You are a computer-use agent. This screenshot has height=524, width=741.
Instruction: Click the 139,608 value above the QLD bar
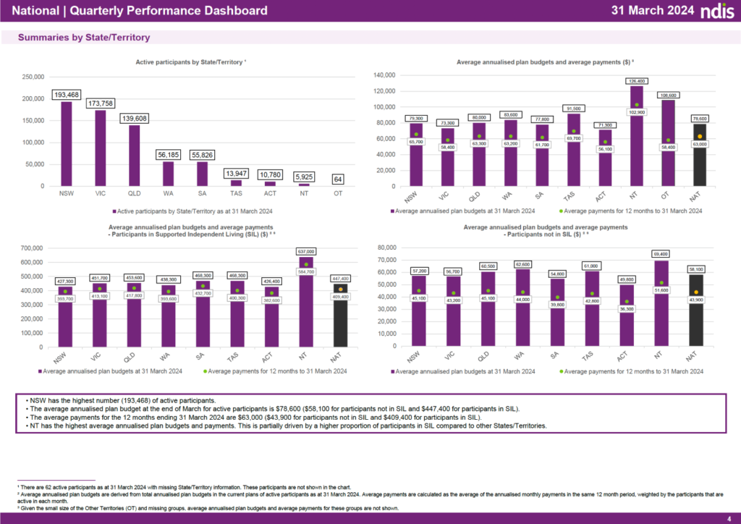point(134,119)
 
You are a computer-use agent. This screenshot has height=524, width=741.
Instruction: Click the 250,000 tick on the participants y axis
point(33,77)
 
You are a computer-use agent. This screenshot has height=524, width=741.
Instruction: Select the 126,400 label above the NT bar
point(637,81)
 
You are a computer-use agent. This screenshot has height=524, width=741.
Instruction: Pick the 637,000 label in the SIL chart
point(306,252)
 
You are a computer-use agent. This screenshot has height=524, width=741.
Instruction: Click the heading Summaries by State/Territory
point(84,37)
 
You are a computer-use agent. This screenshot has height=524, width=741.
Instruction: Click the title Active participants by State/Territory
point(190,63)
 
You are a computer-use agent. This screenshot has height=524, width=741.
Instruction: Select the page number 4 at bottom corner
point(729,517)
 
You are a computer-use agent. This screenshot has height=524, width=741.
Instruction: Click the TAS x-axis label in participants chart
point(237,194)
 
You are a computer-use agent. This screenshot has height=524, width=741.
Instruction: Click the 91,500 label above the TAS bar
point(572,109)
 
